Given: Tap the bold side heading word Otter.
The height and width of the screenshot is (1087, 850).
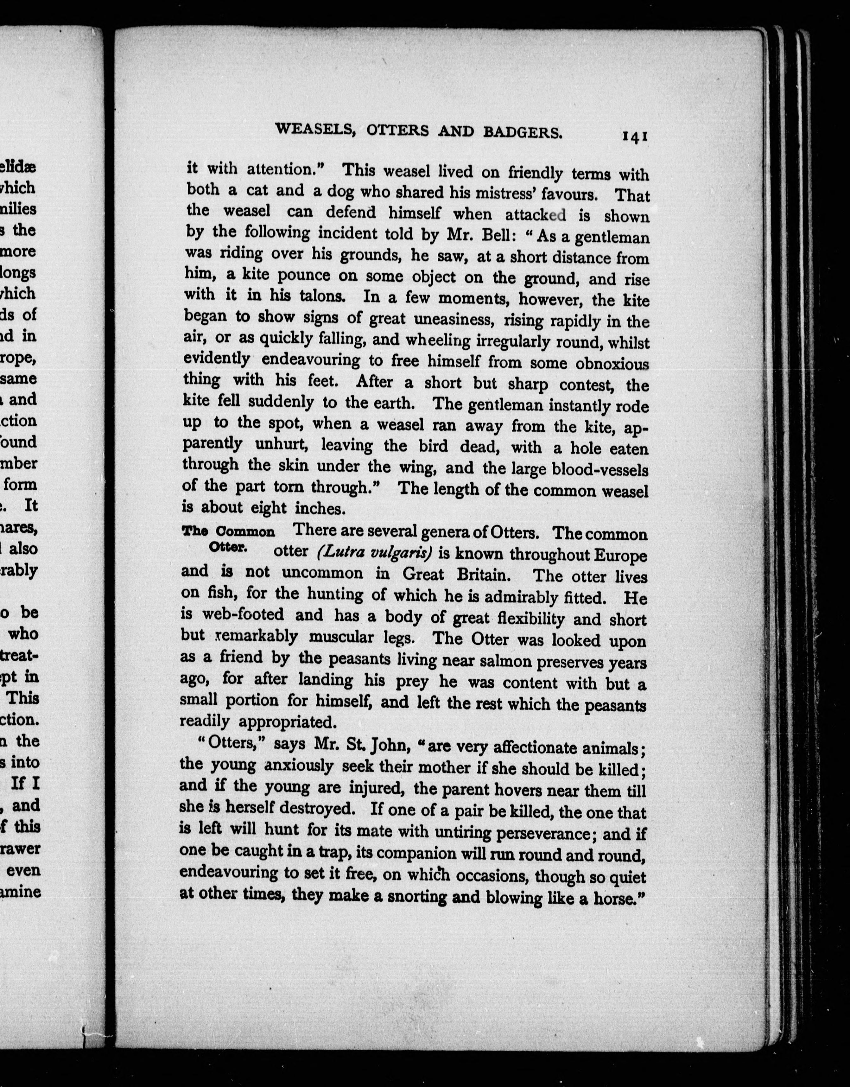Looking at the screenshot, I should tap(227, 546).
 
